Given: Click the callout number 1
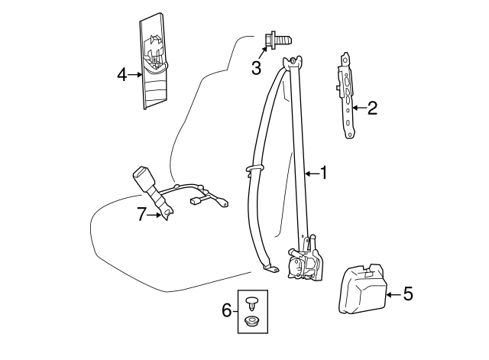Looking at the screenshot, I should pos(323,174).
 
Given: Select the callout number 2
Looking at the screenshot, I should pos(372,109).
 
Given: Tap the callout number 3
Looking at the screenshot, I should pos(256,68).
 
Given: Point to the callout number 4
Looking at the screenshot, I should pos(122,74).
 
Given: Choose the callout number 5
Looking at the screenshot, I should pos(407,293).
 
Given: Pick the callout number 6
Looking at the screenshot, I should pos(226,310).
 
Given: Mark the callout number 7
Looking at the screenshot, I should pos(141,215).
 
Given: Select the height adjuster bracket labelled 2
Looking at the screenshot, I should pos(346,96).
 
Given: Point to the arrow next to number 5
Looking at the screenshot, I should pos(393,293).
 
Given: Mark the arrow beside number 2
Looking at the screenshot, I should pos(358,109).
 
